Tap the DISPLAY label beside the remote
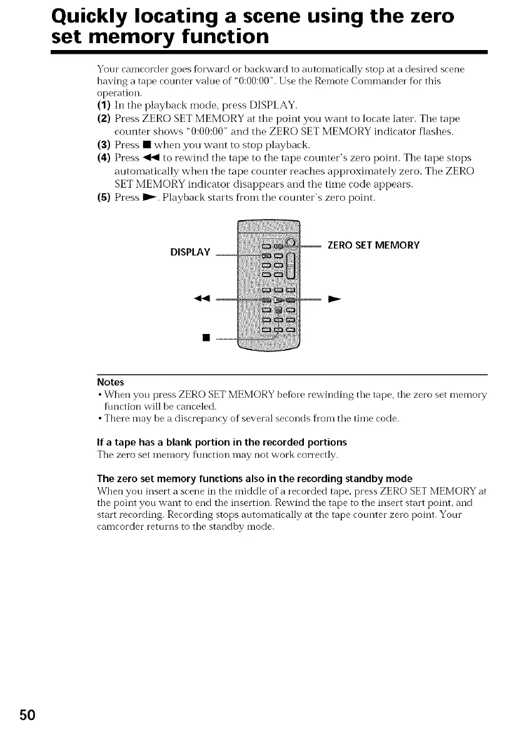[190, 252]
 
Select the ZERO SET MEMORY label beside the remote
[374, 244]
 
